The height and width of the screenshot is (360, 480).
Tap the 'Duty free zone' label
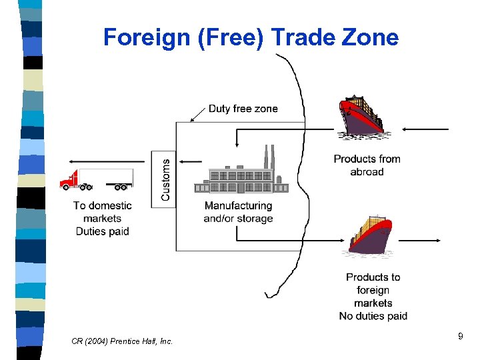coord(243,109)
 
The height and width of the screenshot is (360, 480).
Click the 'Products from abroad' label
coord(367,165)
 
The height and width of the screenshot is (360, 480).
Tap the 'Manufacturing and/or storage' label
coord(238,212)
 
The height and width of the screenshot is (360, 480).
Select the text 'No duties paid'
coord(373,316)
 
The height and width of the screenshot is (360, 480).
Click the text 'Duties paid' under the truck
coord(102,231)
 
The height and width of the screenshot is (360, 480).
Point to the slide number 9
coord(460,338)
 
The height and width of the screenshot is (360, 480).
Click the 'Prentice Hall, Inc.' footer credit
coord(141,341)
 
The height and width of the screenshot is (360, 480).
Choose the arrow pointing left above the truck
coord(107,161)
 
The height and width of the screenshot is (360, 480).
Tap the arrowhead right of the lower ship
coord(437,240)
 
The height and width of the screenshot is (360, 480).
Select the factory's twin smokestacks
coord(269,157)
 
